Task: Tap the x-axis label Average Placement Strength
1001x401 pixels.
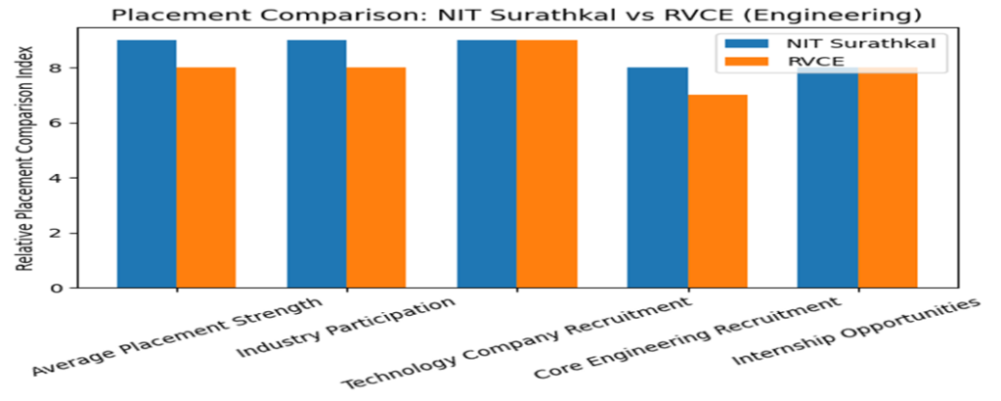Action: (x=176, y=338)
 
